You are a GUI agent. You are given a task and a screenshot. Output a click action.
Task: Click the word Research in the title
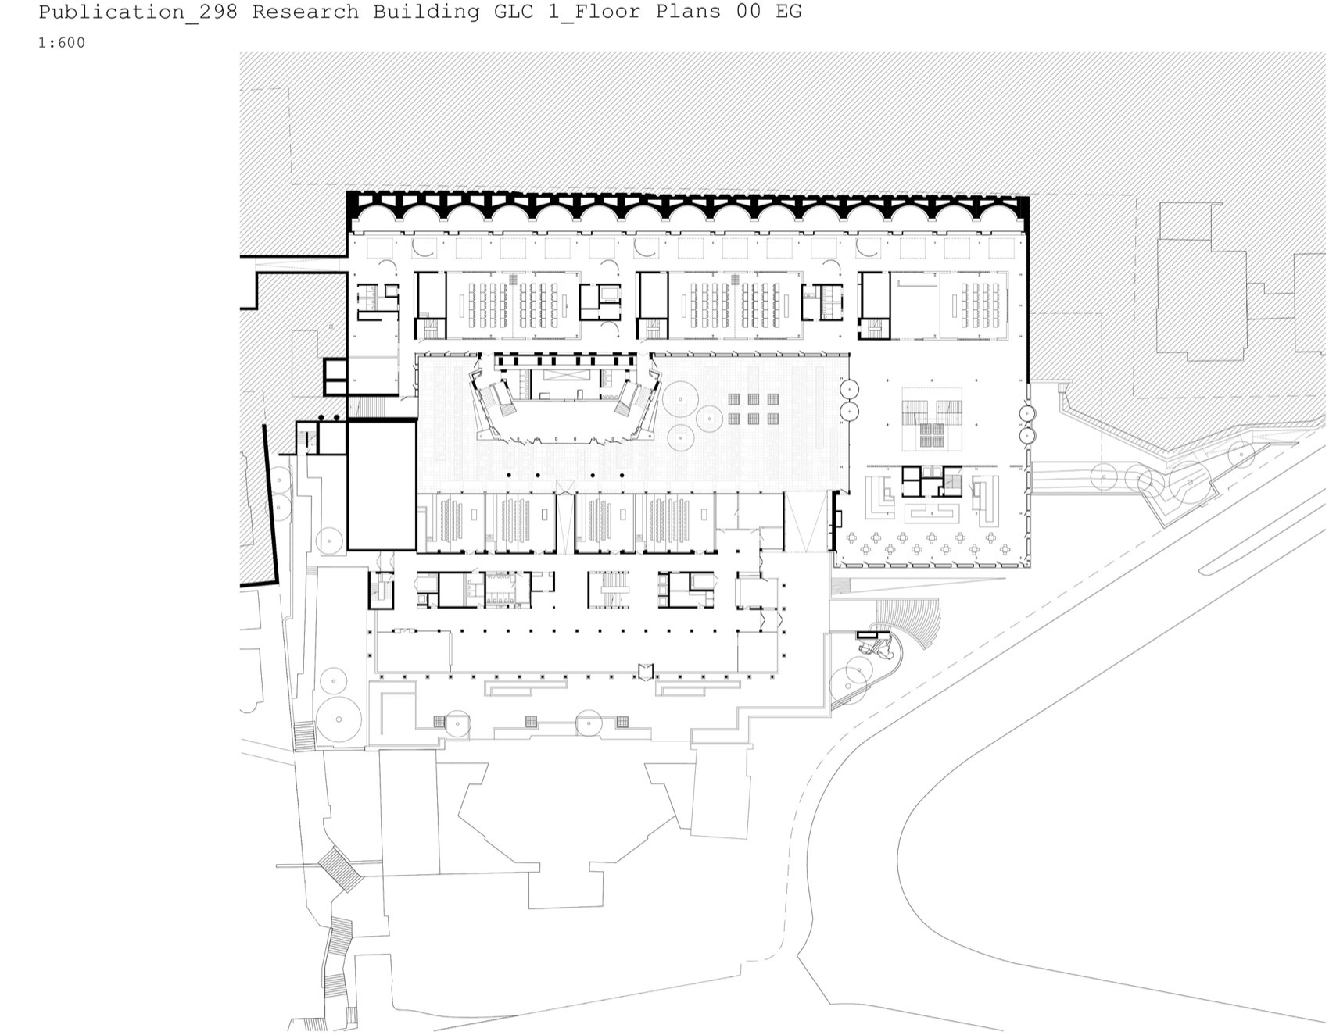[x=305, y=12]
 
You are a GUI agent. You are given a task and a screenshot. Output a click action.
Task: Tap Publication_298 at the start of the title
[x=138, y=12]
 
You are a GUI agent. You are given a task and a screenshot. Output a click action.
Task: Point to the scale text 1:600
[x=62, y=43]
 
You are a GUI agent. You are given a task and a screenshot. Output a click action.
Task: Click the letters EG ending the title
[x=790, y=12]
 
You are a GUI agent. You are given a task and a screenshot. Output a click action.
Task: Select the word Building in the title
[x=426, y=12]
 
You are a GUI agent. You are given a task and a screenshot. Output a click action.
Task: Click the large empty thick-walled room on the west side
[x=382, y=485]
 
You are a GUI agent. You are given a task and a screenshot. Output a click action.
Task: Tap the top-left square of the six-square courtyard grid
[x=735, y=399]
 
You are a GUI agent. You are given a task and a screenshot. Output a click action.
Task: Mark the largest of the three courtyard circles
[x=680, y=399]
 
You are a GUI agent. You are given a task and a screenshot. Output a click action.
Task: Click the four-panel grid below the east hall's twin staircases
[x=930, y=436]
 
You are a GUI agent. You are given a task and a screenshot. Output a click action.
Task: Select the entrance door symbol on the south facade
[x=645, y=671]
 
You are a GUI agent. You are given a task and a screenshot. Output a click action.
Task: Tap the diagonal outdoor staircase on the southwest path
[x=340, y=868]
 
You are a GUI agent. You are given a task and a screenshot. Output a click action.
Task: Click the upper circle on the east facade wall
[x=1027, y=414]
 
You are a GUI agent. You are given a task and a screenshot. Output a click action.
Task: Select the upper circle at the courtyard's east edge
[x=849, y=388]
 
